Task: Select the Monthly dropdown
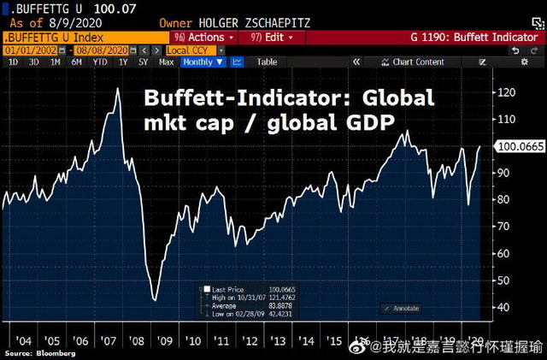coord(202,62)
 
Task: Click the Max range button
coord(167,62)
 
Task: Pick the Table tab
coord(268,62)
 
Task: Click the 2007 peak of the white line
coord(117,89)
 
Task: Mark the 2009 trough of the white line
coord(155,299)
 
